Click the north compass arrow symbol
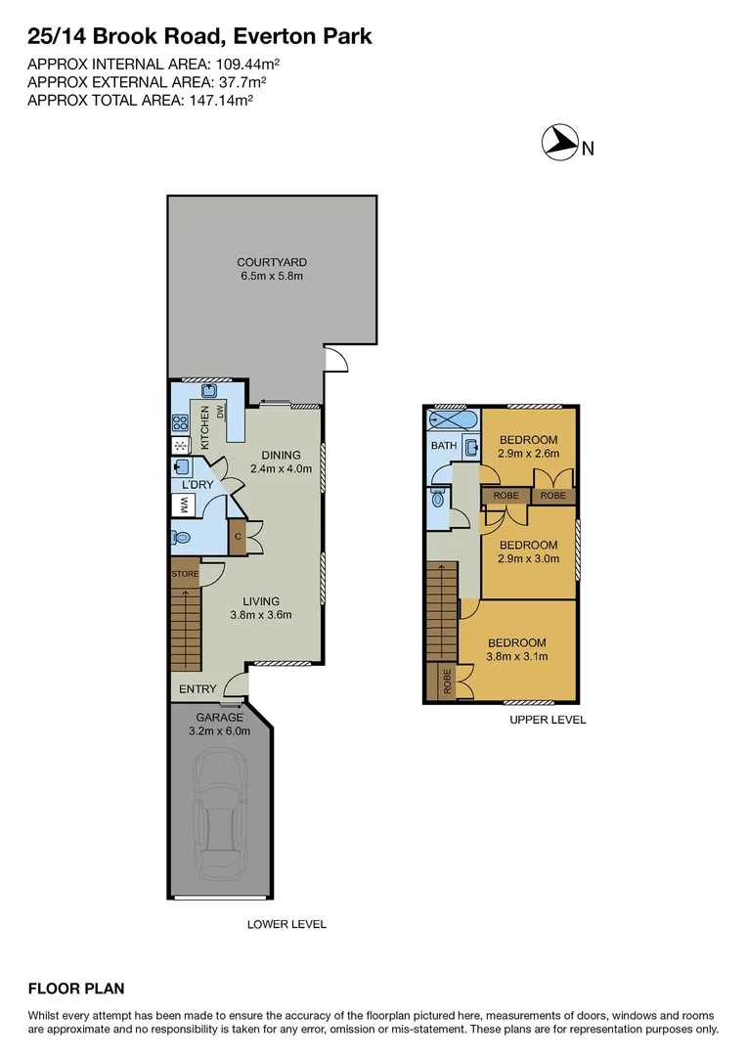(558, 143)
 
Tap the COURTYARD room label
(272, 262)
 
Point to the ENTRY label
(198, 689)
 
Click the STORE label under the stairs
(185, 574)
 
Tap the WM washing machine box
(182, 506)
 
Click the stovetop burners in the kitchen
(181, 424)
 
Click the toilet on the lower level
(181, 538)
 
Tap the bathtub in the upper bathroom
(453, 420)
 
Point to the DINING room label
(281, 455)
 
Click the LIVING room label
(261, 601)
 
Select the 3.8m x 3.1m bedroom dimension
(516, 656)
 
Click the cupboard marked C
(236, 536)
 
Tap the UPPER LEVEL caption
(548, 720)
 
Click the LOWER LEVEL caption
(286, 924)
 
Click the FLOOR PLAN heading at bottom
(76, 989)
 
